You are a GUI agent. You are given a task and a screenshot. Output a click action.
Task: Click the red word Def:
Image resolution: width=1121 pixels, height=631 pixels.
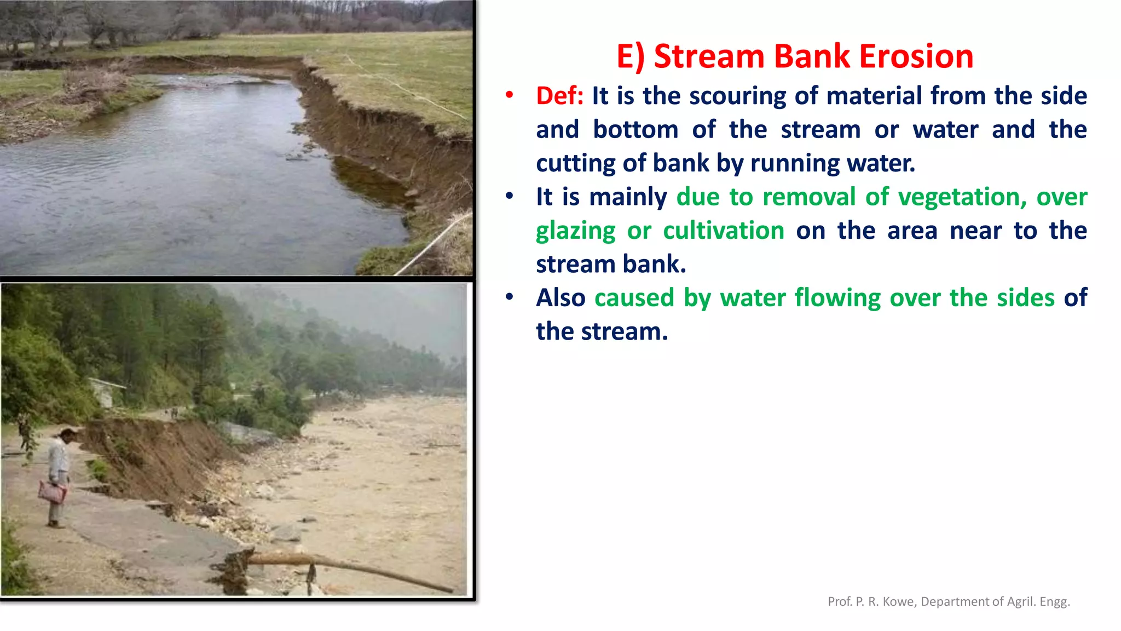559,96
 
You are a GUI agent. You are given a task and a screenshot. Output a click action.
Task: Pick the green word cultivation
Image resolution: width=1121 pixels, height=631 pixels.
724,231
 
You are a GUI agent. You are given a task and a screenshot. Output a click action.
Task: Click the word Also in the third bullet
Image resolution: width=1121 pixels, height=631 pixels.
560,298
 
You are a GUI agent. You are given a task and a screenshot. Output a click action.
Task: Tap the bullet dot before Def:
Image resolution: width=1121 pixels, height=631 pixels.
509,95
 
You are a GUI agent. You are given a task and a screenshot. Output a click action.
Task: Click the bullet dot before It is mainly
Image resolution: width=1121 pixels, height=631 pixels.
509,196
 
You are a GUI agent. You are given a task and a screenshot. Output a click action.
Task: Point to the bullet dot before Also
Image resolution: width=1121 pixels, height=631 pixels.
509,297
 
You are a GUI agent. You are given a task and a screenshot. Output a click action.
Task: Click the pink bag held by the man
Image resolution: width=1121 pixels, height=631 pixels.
52,491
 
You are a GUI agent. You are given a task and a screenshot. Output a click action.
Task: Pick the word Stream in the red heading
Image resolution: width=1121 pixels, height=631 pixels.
709,56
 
